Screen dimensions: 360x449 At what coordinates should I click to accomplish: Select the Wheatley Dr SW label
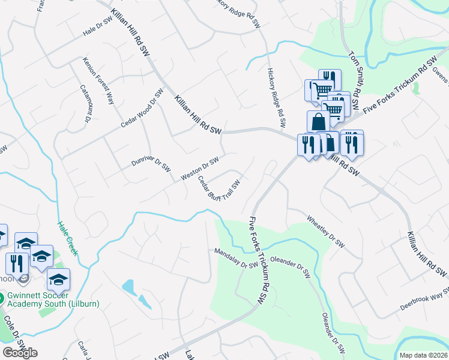tap(326, 232)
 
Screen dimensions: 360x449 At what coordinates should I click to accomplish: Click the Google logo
tap(20, 352)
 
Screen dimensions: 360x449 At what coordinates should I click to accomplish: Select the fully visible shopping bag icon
tap(318, 122)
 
